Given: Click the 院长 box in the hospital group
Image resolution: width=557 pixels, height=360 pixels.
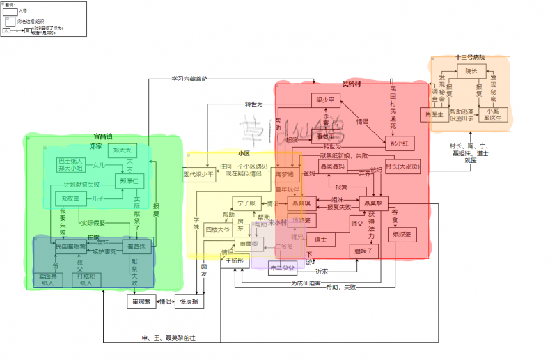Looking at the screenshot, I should click(x=471, y=72).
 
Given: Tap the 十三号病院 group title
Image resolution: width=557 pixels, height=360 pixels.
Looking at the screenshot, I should click(x=470, y=57).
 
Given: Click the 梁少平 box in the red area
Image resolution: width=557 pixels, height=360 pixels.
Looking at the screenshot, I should click(x=323, y=99).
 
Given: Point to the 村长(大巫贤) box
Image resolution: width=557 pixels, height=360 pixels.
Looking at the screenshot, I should click(x=403, y=166).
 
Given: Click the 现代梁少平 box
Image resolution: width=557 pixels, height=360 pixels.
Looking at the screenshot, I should click(x=198, y=174).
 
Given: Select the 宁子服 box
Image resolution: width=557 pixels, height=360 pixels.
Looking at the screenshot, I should click(x=247, y=203).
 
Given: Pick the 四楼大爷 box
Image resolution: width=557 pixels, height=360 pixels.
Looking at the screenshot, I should click(x=218, y=228).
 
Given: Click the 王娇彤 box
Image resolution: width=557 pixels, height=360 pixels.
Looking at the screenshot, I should click(x=233, y=260).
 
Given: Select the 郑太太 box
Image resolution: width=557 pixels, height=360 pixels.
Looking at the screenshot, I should click(x=122, y=150).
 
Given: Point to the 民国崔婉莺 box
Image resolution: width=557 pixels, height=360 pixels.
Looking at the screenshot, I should click(x=71, y=246).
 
